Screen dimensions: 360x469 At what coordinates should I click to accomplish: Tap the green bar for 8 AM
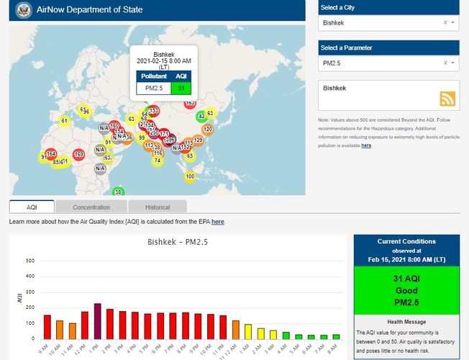(x=335, y=336)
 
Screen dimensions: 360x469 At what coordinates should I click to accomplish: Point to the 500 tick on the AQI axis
(x=29, y=261)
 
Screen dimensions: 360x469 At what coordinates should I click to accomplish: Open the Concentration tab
(x=91, y=207)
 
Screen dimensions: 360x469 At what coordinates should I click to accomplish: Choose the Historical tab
(x=158, y=207)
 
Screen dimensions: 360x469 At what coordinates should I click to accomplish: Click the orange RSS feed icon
(x=447, y=99)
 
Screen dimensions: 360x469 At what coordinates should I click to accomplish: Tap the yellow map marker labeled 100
(x=190, y=176)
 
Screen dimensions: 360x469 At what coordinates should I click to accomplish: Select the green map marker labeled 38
(x=119, y=192)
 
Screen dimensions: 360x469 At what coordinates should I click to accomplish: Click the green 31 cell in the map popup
(x=181, y=88)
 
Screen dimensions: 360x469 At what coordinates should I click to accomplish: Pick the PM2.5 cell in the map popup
(x=154, y=88)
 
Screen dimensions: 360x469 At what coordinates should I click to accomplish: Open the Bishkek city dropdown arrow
(x=453, y=23)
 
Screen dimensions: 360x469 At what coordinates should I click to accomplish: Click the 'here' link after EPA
(x=217, y=222)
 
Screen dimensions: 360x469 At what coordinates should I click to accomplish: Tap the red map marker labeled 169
(x=78, y=154)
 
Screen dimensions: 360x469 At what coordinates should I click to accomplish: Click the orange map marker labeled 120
(x=207, y=130)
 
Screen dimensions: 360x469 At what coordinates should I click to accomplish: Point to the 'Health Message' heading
(x=406, y=322)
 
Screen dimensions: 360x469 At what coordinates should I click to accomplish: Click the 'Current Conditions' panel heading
(x=406, y=242)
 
